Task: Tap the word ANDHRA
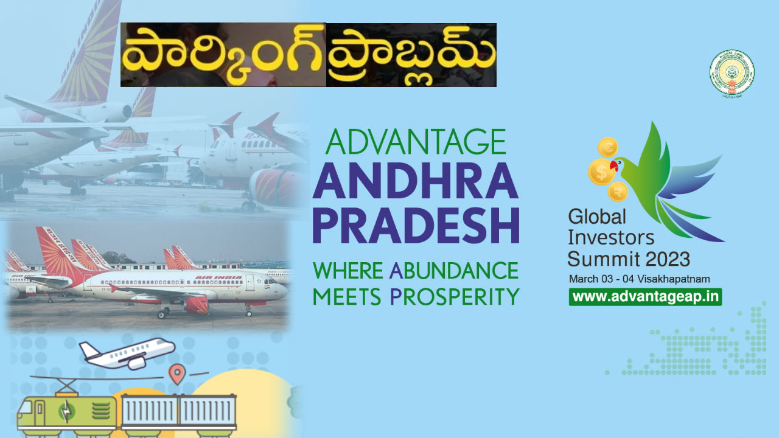(x=416, y=182)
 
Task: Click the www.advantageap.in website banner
(x=645, y=297)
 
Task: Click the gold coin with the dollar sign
(x=601, y=172)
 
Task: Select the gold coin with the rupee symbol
(x=618, y=192)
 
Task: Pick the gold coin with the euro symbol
(x=608, y=147)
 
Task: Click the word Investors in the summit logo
(x=611, y=238)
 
